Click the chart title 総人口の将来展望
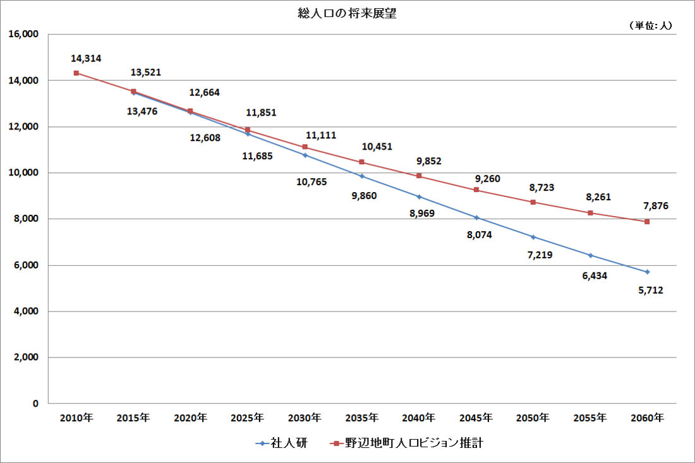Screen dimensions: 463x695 click(347, 13)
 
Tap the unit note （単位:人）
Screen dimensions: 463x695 click(650, 25)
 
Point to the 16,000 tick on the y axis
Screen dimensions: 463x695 click(23, 35)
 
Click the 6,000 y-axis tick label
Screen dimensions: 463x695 click(26, 265)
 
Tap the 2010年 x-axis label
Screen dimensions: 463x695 click(76, 418)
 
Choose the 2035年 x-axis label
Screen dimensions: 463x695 click(362, 418)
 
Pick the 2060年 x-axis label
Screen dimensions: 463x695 click(648, 418)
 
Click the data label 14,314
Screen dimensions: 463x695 click(86, 59)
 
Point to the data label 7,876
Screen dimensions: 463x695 click(656, 206)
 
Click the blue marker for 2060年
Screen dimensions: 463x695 click(647, 272)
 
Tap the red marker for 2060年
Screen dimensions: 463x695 click(647, 222)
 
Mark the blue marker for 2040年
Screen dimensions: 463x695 click(419, 196)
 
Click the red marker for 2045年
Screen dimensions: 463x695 click(476, 190)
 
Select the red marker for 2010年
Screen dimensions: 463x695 click(76, 73)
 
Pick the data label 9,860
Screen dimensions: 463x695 click(364, 196)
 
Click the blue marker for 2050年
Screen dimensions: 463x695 click(533, 237)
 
